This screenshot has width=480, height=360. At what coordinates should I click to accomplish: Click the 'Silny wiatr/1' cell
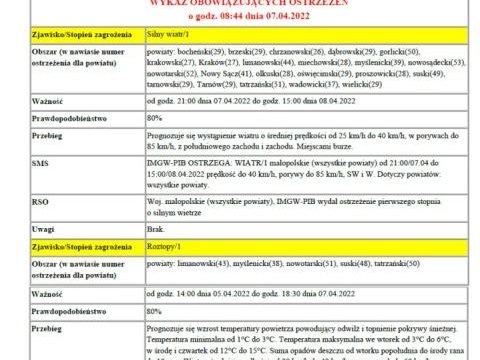coord(167,34)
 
